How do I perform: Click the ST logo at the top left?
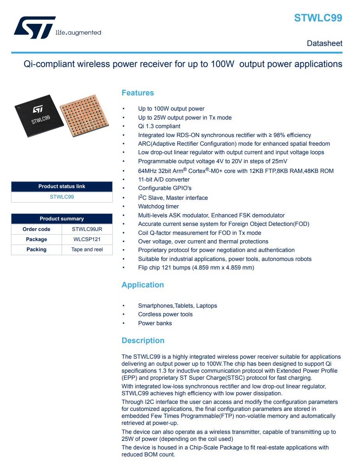click(34, 28)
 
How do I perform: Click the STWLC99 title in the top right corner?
click(318, 18)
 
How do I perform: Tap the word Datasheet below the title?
click(325, 43)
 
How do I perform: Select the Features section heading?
click(138, 93)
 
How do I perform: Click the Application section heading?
click(143, 285)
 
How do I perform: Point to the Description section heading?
click(143, 340)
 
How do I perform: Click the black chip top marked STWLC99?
click(39, 115)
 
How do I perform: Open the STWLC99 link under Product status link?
click(62, 197)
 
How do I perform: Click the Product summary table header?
click(62, 218)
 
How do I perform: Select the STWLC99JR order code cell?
click(87, 229)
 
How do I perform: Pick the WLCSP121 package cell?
click(87, 239)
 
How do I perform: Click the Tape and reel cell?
click(87, 249)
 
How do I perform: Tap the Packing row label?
click(36, 249)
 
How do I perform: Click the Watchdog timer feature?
click(159, 206)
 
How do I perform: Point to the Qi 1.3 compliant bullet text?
click(159, 126)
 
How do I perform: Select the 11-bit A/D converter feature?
click(164, 180)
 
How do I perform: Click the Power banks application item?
click(155, 323)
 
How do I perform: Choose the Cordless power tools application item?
click(165, 314)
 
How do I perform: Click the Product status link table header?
click(62, 186)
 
